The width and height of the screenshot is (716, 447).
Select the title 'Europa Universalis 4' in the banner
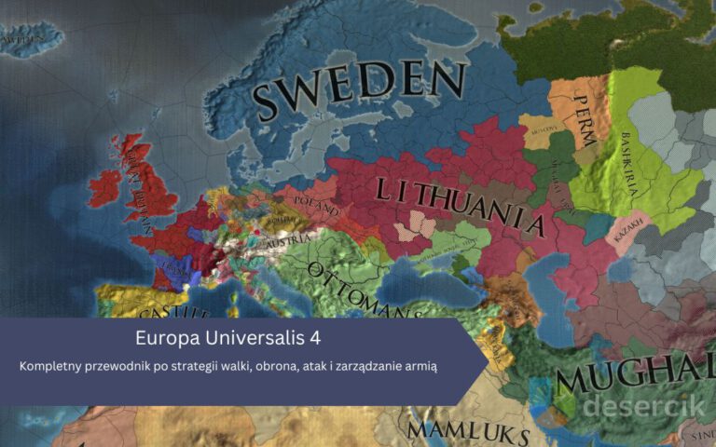coord(229,337)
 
